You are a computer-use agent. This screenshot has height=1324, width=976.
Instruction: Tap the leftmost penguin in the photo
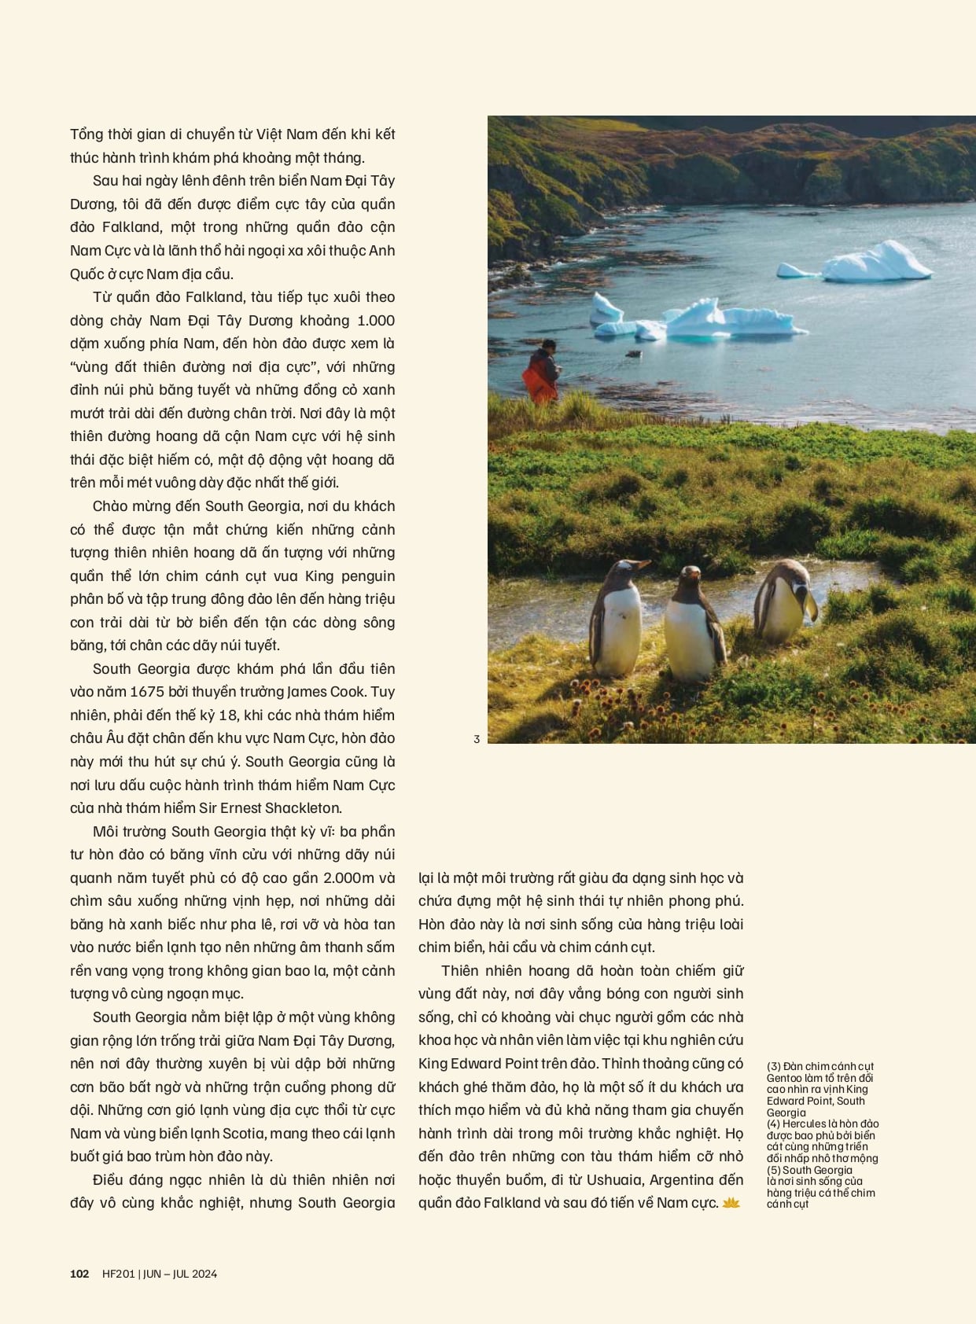tap(617, 618)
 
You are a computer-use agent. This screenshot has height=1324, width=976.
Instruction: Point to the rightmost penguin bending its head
tap(783, 602)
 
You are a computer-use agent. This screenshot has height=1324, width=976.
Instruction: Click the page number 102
tap(79, 1274)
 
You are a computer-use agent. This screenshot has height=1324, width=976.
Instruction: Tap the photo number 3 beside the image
tap(477, 739)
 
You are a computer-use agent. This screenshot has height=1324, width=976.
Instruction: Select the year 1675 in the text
tap(147, 692)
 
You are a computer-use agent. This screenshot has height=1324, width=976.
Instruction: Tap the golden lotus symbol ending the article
tap(731, 1203)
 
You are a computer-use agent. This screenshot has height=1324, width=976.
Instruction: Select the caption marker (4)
tap(774, 1124)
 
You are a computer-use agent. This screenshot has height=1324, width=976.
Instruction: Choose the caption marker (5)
tap(774, 1170)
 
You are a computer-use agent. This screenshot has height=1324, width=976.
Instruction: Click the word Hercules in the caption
tap(805, 1124)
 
